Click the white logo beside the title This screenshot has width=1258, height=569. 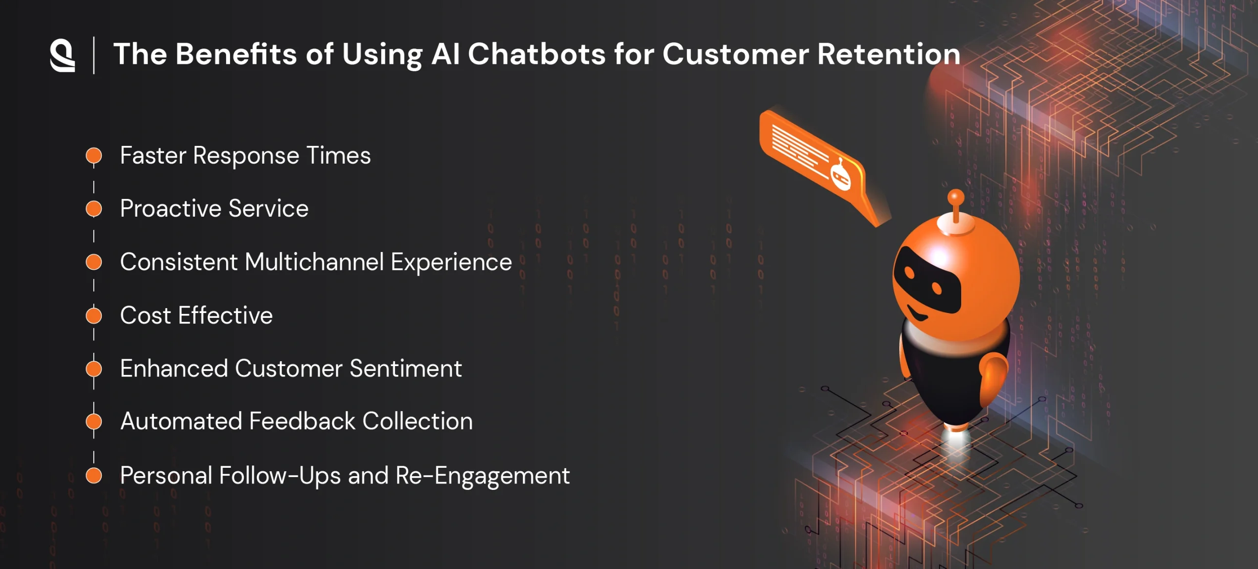[62, 56]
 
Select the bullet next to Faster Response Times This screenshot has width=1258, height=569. [93, 156]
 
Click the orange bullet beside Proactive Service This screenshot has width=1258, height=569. [93, 208]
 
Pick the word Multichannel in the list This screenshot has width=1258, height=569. [314, 261]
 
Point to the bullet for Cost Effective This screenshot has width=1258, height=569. [93, 315]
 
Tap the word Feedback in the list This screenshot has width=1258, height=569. [302, 421]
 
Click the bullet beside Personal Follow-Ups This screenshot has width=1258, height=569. [93, 476]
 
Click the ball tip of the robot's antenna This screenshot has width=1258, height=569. [956, 197]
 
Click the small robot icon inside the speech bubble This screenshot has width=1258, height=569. [840, 176]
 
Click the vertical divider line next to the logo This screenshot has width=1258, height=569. [94, 55]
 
